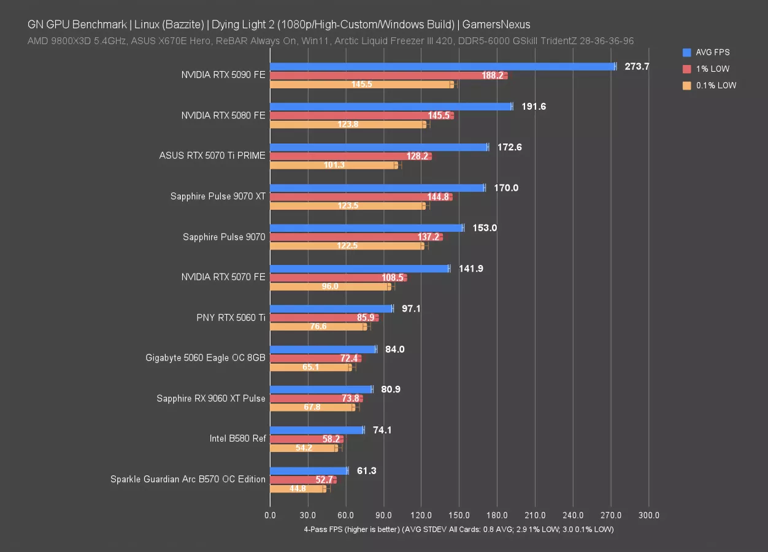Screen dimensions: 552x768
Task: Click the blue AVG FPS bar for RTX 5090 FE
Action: [442, 66]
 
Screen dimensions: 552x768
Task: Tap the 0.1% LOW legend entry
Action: [715, 85]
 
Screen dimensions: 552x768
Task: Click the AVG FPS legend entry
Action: [712, 52]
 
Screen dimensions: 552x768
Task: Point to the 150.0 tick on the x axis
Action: [459, 515]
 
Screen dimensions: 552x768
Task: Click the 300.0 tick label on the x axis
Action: [648, 515]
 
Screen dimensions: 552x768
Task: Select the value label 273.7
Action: [637, 66]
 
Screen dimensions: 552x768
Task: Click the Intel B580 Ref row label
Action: [237, 439]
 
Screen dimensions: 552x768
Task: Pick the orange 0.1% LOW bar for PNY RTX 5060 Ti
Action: [318, 326]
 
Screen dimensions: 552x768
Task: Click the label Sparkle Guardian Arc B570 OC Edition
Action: [188, 479]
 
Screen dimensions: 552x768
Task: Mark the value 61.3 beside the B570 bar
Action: [367, 470]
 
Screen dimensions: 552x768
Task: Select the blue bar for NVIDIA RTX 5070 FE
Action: [359, 269]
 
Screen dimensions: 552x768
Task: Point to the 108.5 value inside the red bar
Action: [393, 278]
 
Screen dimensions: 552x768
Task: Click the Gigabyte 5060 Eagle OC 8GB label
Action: [205, 358]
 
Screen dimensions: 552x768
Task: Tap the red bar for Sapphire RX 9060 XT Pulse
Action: [316, 398]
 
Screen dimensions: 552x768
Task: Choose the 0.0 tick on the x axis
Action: [270, 515]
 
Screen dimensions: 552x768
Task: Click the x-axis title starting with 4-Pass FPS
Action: [458, 529]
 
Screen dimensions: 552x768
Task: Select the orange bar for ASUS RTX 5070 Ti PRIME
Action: [334, 165]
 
